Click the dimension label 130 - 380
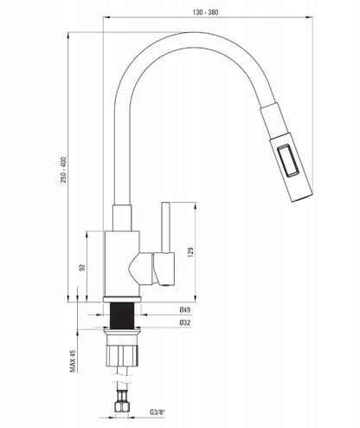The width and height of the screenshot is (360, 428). coord(205,12)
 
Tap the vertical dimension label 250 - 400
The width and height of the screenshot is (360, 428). coord(63,170)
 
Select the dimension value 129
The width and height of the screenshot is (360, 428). coord(190,252)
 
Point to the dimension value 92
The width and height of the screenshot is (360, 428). coord(82,267)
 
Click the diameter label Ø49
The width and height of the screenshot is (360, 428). coord(185,310)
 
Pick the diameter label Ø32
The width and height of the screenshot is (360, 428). coord(185,322)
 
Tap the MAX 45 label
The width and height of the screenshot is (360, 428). coord(73,360)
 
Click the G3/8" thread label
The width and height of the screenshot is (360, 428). coord(157,412)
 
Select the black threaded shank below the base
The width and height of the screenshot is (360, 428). coord(122,315)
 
